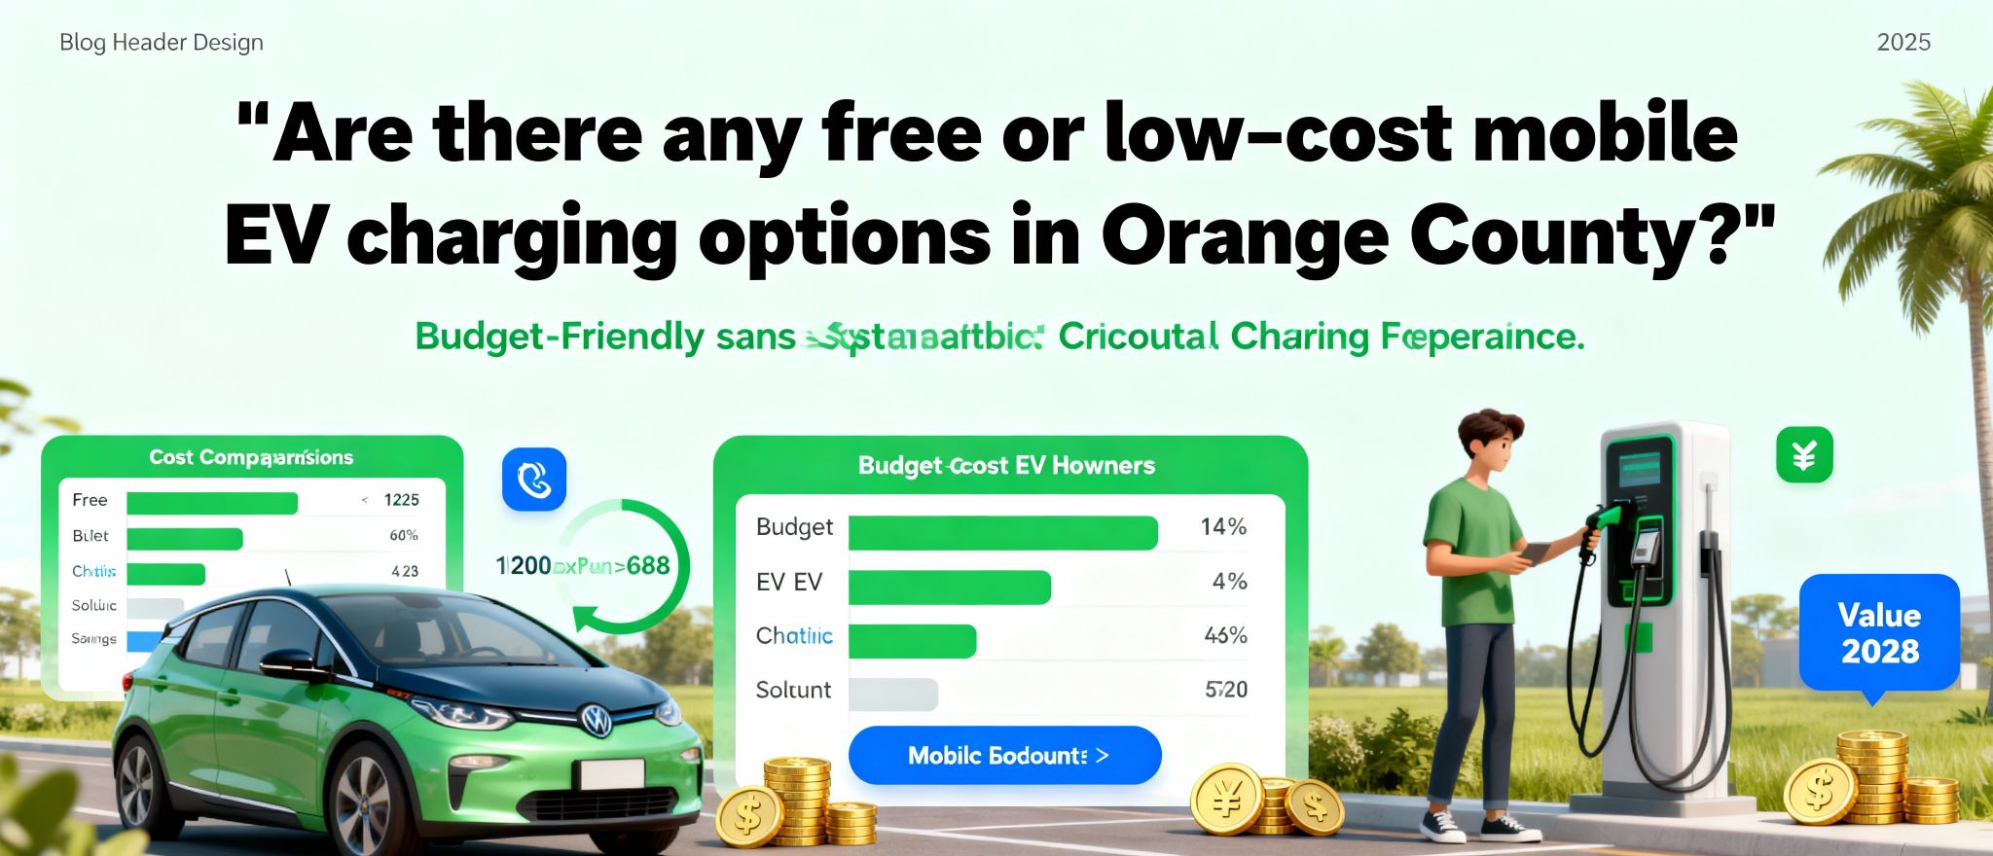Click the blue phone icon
click(533, 480)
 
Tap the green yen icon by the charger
click(1804, 454)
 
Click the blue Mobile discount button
click(1004, 755)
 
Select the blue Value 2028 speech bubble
click(1878, 633)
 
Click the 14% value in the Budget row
click(1222, 527)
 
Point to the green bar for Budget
click(1002, 533)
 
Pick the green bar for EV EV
click(949, 588)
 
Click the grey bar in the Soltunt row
click(892, 695)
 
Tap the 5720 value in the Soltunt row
click(1225, 690)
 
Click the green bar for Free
click(212, 502)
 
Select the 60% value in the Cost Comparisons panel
click(403, 535)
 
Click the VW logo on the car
click(596, 720)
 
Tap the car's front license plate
click(611, 774)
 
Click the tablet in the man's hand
click(1536, 553)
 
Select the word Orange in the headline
click(1244, 236)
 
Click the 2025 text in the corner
click(1902, 42)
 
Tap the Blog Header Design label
click(162, 42)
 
